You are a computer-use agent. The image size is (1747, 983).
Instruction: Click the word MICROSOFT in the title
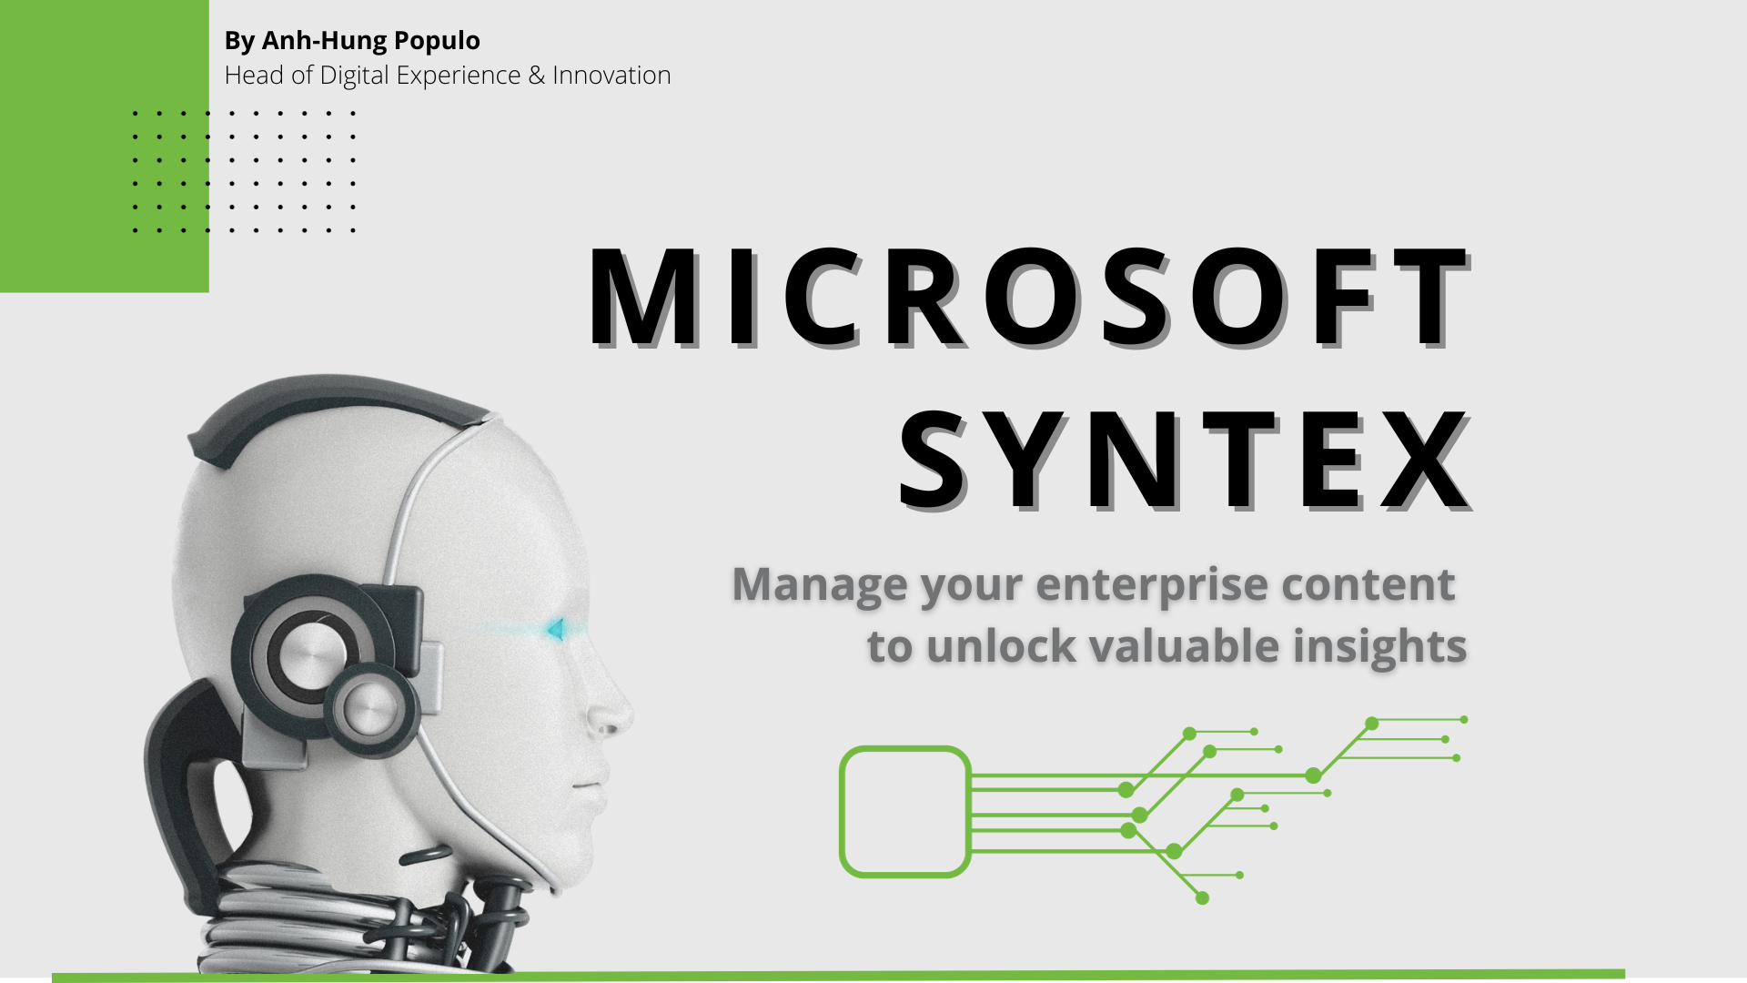point(1028,297)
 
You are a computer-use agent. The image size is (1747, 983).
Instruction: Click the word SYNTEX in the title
point(1185,460)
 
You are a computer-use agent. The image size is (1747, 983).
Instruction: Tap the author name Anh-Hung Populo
point(371,41)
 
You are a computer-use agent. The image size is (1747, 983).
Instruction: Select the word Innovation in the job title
point(611,75)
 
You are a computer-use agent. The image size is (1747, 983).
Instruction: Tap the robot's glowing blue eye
point(555,628)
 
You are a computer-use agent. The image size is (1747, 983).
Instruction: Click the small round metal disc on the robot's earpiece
point(371,708)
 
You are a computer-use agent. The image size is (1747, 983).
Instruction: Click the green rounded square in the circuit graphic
point(842,812)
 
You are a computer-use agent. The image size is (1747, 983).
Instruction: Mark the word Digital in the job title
point(355,76)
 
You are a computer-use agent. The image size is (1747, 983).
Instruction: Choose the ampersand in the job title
point(537,76)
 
